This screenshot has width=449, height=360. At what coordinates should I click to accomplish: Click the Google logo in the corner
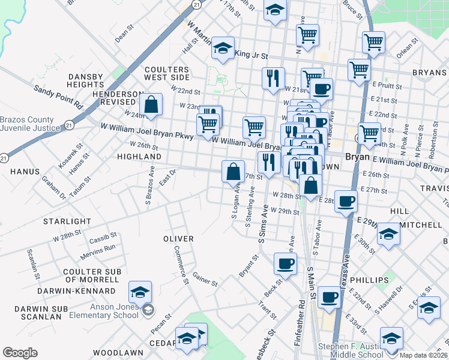pos(20,353)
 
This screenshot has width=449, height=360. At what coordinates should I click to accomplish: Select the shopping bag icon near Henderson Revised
pos(152,104)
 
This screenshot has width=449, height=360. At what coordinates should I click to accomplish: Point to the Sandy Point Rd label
pos(58,96)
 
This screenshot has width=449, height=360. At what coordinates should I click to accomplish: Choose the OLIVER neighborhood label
pos(178,239)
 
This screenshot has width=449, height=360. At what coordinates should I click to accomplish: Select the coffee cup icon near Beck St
pos(285,263)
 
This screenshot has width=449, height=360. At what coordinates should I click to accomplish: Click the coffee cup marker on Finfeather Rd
pos(329,297)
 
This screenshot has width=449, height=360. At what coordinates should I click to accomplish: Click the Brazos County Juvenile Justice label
pos(30,123)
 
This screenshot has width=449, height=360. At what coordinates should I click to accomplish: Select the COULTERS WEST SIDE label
pos(167,74)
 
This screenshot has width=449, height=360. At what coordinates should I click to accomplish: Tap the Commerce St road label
pos(178,262)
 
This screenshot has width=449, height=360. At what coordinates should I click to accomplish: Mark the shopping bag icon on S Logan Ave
pos(233,172)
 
